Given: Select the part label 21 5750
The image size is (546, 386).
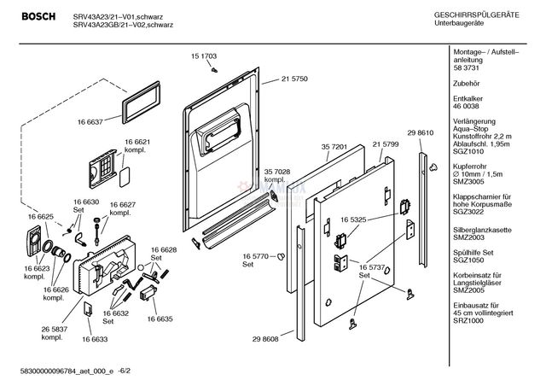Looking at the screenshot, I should click(294, 79).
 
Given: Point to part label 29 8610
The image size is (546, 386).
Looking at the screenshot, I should click(421, 135).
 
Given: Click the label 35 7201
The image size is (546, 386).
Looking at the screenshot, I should click(334, 147).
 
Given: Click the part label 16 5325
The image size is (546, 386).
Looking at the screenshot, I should click(352, 219).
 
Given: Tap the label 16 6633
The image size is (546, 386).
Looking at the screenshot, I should click(95, 340).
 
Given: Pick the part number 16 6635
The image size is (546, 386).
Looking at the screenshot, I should click(160, 319).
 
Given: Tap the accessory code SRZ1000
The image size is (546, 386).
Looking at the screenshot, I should click(469, 342).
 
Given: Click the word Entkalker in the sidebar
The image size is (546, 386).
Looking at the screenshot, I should click(469, 99).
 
